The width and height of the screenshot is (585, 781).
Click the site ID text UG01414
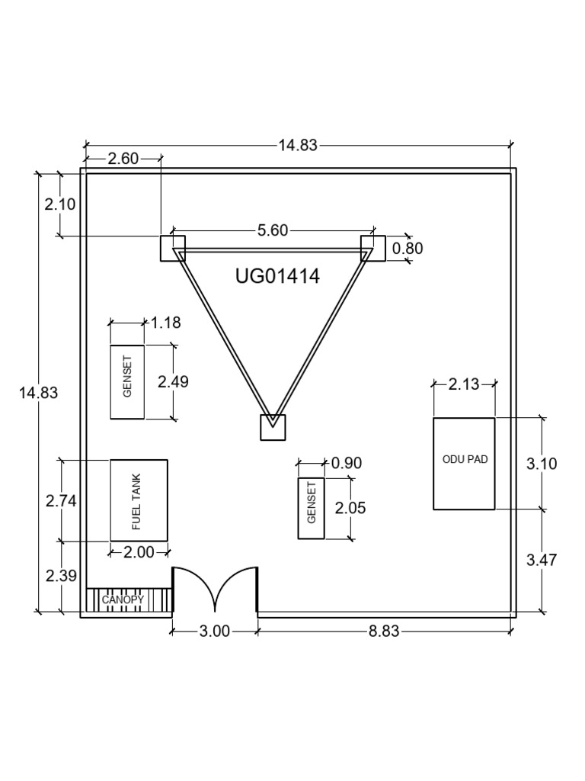click(x=277, y=276)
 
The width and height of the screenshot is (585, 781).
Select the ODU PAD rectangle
click(x=464, y=463)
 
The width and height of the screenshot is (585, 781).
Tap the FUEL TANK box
click(x=139, y=500)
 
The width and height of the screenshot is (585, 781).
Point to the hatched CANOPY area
click(x=126, y=601)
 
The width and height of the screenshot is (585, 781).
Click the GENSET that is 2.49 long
click(x=127, y=381)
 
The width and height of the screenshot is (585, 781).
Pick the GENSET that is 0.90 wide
click(x=311, y=509)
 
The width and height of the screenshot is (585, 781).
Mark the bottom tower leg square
click(x=273, y=427)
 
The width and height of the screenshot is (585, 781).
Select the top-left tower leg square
click(x=172, y=249)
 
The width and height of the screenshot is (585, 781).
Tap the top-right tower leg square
click(x=373, y=249)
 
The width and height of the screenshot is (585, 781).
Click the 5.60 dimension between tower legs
click(x=273, y=230)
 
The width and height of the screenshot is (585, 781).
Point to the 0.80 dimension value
click(x=407, y=249)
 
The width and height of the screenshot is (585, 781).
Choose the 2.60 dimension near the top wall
click(x=123, y=159)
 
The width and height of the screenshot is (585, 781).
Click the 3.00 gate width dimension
click(x=215, y=631)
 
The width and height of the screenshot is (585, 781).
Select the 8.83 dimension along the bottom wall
click(x=384, y=631)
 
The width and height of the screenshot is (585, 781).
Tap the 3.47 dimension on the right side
click(x=542, y=560)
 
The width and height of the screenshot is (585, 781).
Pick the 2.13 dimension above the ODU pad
click(x=464, y=384)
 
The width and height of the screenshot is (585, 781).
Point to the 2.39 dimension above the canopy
click(x=61, y=576)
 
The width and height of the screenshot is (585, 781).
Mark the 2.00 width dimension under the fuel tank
click(x=139, y=552)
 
